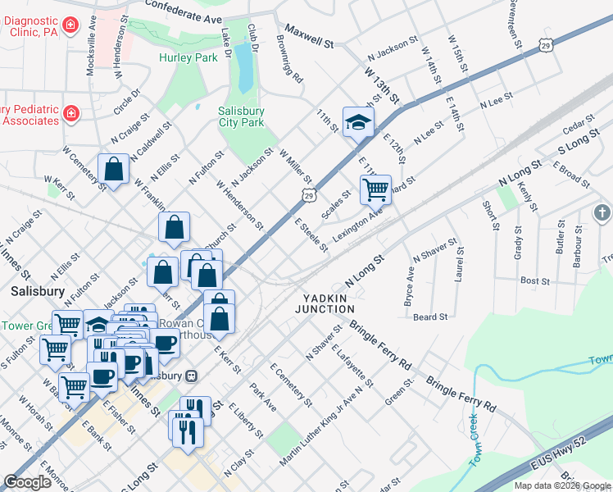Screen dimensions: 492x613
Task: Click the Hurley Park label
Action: (x=189, y=58)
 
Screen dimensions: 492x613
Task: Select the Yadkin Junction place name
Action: (x=328, y=303)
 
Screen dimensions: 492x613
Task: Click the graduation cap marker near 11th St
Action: (x=357, y=123)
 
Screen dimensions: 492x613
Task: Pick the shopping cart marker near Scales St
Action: (x=375, y=189)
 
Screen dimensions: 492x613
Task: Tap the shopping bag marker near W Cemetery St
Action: (x=113, y=170)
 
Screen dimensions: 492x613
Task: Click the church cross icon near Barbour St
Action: (x=602, y=213)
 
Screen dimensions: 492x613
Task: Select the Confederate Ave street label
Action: (x=184, y=11)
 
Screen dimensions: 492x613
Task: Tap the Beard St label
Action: (x=430, y=317)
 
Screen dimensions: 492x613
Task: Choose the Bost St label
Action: (x=534, y=280)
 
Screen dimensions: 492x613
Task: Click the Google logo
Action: (x=27, y=482)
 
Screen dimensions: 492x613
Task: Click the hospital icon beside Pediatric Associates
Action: (x=71, y=112)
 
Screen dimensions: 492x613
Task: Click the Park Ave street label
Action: (x=264, y=399)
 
